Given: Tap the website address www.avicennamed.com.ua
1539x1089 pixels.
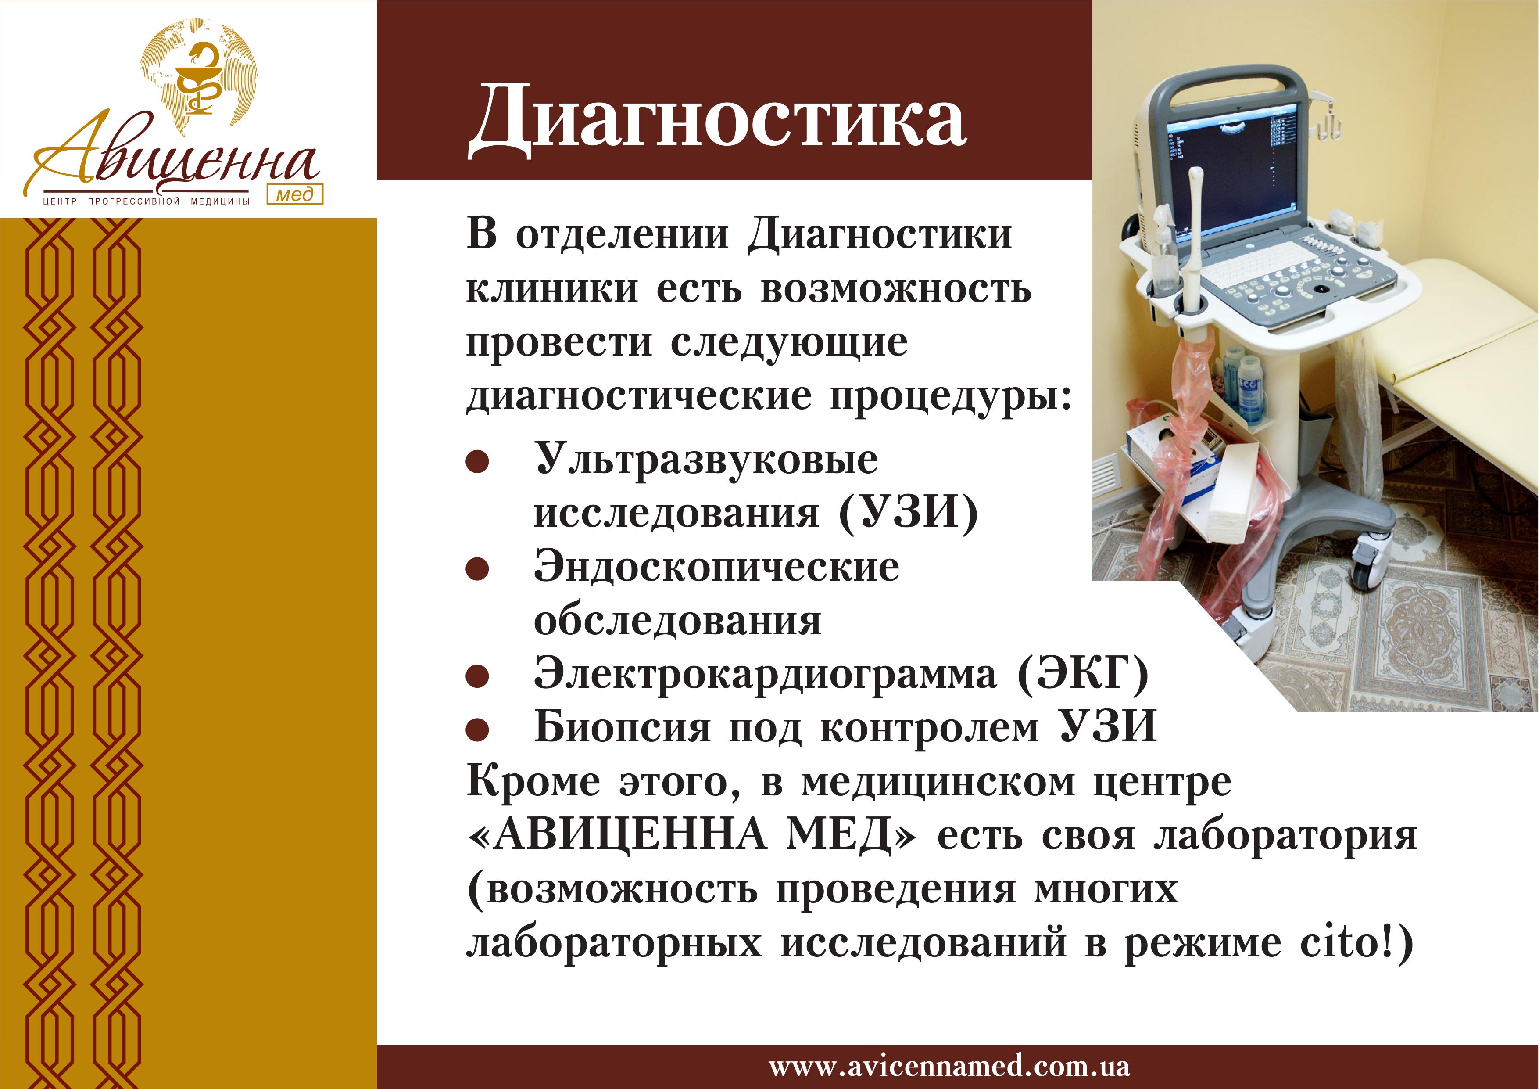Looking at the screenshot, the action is (949, 1066).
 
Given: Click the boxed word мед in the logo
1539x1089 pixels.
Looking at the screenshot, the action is (295, 194).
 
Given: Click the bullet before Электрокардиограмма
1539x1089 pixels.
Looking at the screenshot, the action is (477, 676).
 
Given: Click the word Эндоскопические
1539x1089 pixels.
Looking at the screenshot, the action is (716, 567).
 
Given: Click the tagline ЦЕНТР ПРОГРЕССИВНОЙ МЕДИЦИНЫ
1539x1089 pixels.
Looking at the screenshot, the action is (146, 201).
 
